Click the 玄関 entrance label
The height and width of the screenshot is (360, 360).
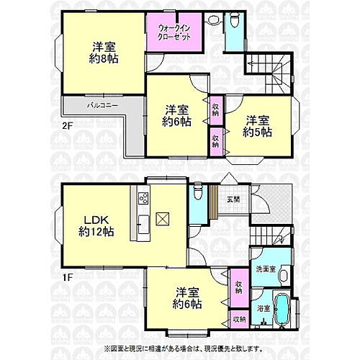click(234, 199)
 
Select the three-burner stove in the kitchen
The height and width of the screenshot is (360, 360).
click(142, 197)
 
